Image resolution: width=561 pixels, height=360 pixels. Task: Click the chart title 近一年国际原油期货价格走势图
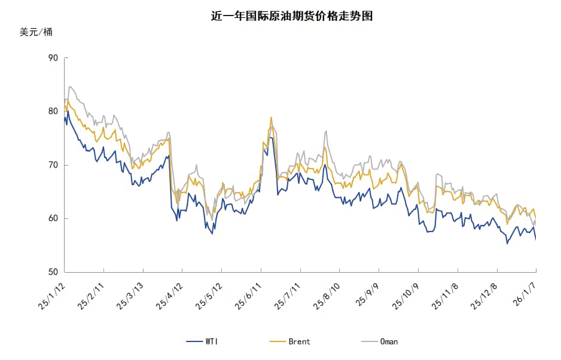tap(292, 16)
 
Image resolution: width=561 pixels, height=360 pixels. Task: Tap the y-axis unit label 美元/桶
tap(36, 32)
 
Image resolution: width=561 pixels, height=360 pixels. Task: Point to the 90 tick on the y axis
tap(53, 58)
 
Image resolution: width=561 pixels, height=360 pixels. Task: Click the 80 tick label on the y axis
tap(53, 111)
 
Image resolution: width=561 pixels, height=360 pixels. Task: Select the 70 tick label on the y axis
tap(53, 165)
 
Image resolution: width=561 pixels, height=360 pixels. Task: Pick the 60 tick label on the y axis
tap(53, 218)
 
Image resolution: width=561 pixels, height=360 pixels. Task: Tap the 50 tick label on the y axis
tap(53, 272)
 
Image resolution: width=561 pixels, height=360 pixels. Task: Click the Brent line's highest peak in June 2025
tap(272, 117)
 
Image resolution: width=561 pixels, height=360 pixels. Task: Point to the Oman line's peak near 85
tap(71, 87)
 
